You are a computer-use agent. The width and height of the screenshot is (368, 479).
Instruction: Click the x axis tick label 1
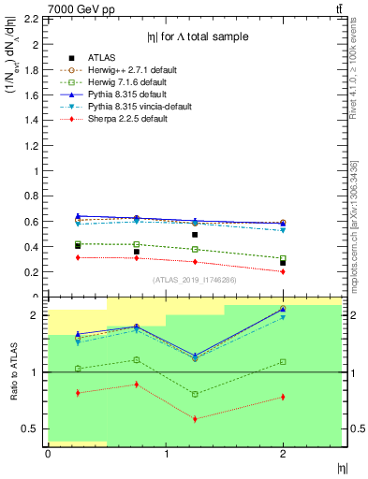click(x=166, y=454)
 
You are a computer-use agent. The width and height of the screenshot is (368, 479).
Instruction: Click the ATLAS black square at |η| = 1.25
click(x=195, y=235)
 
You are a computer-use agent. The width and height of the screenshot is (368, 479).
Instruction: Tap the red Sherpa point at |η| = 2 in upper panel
click(x=283, y=271)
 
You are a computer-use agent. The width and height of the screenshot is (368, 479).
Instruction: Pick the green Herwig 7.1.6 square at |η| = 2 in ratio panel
click(x=283, y=361)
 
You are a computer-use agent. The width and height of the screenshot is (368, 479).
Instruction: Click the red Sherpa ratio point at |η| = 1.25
click(x=195, y=418)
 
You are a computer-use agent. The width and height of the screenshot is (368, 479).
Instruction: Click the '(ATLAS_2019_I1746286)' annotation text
click(x=194, y=280)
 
